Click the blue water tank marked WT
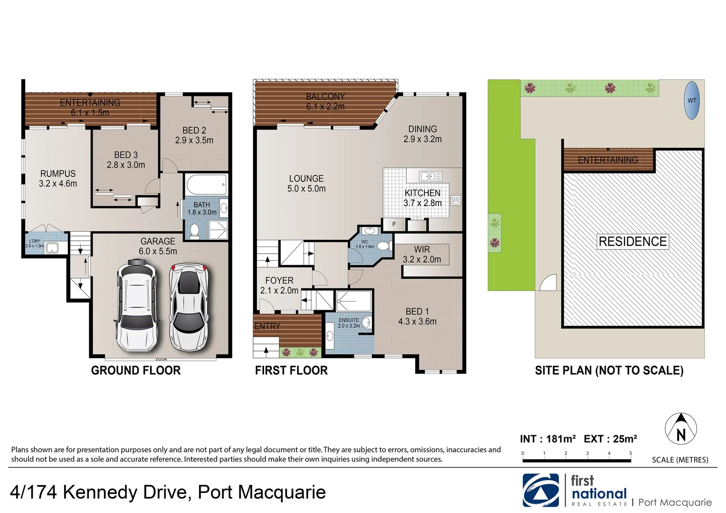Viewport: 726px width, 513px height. tap(692, 101)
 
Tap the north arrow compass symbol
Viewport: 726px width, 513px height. tap(680, 429)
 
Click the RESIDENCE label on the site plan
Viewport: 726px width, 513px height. tap(632, 241)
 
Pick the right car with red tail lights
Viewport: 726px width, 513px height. tap(190, 307)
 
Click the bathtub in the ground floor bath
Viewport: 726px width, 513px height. tap(205, 185)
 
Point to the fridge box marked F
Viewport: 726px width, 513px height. tap(394, 224)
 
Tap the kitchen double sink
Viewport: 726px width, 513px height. tap(430, 176)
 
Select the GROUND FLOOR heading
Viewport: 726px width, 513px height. tap(136, 370)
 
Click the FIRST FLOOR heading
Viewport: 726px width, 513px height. tap(291, 370)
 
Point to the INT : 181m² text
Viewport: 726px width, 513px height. tap(548, 439)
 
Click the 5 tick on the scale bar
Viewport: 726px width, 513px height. tap(630, 454)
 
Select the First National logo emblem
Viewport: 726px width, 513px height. tap(540, 491)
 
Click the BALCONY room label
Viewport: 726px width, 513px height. tap(325, 96)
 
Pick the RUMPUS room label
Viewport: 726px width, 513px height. tap(57, 174)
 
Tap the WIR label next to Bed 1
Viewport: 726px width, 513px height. tap(422, 249)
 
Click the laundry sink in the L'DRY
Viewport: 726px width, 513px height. tap(51, 247)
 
